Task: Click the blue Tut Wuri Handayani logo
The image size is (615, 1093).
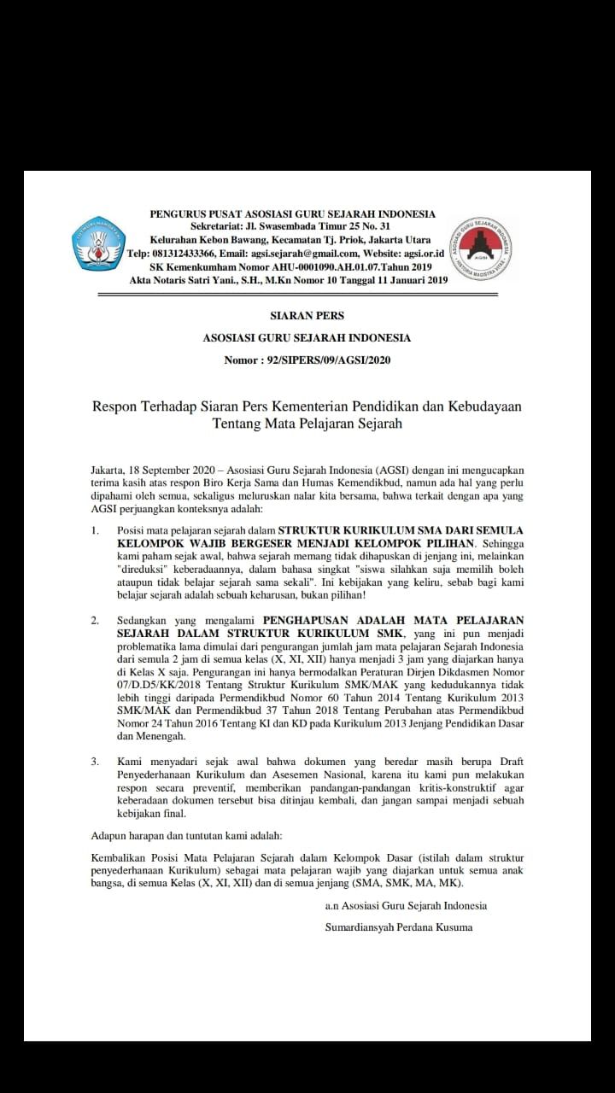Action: (98, 243)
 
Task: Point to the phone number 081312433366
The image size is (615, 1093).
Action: (182, 254)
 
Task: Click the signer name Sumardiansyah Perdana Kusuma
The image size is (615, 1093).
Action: (399, 927)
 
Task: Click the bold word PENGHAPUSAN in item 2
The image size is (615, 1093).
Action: (313, 619)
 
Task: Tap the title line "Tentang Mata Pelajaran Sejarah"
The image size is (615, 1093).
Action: (307, 423)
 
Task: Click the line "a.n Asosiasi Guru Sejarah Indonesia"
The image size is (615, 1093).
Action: (406, 906)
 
